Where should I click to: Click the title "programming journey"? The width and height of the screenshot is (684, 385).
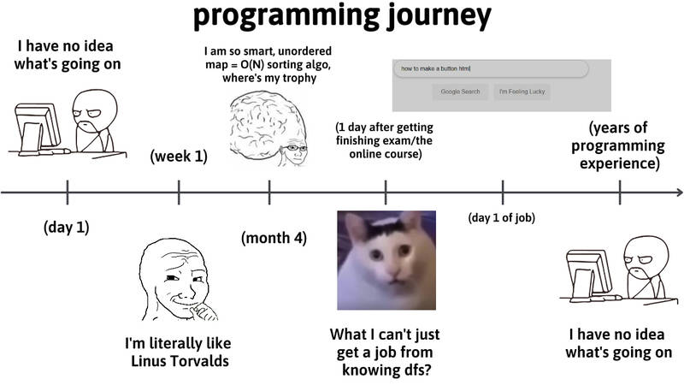pyautogui.click(x=343, y=16)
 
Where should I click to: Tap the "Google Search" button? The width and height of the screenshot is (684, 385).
pyautogui.click(x=460, y=92)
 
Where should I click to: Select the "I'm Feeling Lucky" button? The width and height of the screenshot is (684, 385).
pyautogui.click(x=522, y=92)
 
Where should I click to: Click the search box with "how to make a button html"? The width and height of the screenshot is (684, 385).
pyautogui.click(x=491, y=68)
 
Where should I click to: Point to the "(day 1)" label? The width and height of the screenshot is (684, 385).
pyautogui.click(x=67, y=227)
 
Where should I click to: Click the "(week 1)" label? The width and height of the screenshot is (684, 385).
pyautogui.click(x=179, y=157)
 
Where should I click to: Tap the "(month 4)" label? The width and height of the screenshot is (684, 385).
pyautogui.click(x=274, y=238)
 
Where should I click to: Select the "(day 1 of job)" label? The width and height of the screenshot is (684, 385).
pyautogui.click(x=502, y=217)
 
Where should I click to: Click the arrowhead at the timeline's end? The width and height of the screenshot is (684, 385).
pyautogui.click(x=680, y=192)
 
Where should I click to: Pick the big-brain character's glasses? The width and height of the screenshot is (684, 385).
pyautogui.click(x=295, y=148)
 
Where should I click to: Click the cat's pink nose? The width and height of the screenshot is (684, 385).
pyautogui.click(x=393, y=273)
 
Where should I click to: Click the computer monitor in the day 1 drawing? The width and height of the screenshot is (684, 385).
pyautogui.click(x=38, y=127)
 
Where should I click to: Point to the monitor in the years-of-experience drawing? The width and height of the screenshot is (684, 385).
pyautogui.click(x=589, y=273)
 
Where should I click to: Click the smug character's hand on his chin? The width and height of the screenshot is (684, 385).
pyautogui.click(x=204, y=311)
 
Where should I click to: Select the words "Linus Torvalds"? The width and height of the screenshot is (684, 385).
pyautogui.click(x=180, y=361)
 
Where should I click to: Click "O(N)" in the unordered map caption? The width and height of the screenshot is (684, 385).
pyautogui.click(x=252, y=65)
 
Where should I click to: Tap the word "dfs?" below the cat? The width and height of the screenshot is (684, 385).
pyautogui.click(x=415, y=370)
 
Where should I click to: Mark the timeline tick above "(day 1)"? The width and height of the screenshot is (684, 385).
pyautogui.click(x=68, y=192)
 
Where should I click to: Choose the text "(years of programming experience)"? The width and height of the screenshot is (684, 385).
pyautogui.click(x=618, y=145)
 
